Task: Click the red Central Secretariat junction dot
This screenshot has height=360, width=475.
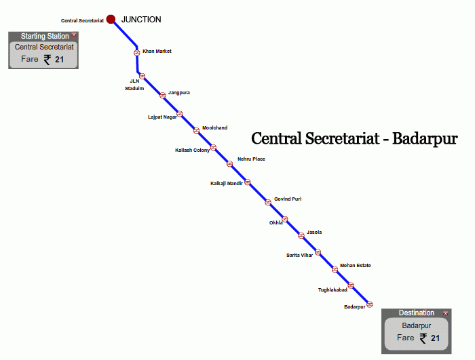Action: point(111,20)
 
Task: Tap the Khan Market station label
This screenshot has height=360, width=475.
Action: point(157,51)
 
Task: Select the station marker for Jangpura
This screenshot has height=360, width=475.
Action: point(162,95)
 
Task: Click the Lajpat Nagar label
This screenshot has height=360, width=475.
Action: point(162,117)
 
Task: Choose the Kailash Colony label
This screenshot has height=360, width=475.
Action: point(193,150)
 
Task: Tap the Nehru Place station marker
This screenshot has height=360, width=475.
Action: point(230,163)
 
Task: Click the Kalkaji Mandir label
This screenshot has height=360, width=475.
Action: point(227,183)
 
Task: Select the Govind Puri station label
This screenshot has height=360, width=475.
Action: point(288,199)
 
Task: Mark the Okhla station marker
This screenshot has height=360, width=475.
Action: point(285,219)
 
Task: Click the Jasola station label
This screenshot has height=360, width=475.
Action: point(314,232)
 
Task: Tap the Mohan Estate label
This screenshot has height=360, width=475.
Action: point(356,265)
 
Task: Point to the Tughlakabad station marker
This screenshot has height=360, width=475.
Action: point(351,285)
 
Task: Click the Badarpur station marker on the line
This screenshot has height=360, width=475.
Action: point(370,304)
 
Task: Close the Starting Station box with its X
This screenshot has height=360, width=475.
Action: point(74,35)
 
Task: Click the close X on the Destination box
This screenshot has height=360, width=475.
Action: point(446,313)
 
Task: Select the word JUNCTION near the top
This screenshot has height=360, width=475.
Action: point(141,20)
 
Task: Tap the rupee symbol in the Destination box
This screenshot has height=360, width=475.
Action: point(423,338)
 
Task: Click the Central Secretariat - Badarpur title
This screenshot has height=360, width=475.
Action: point(354,139)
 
